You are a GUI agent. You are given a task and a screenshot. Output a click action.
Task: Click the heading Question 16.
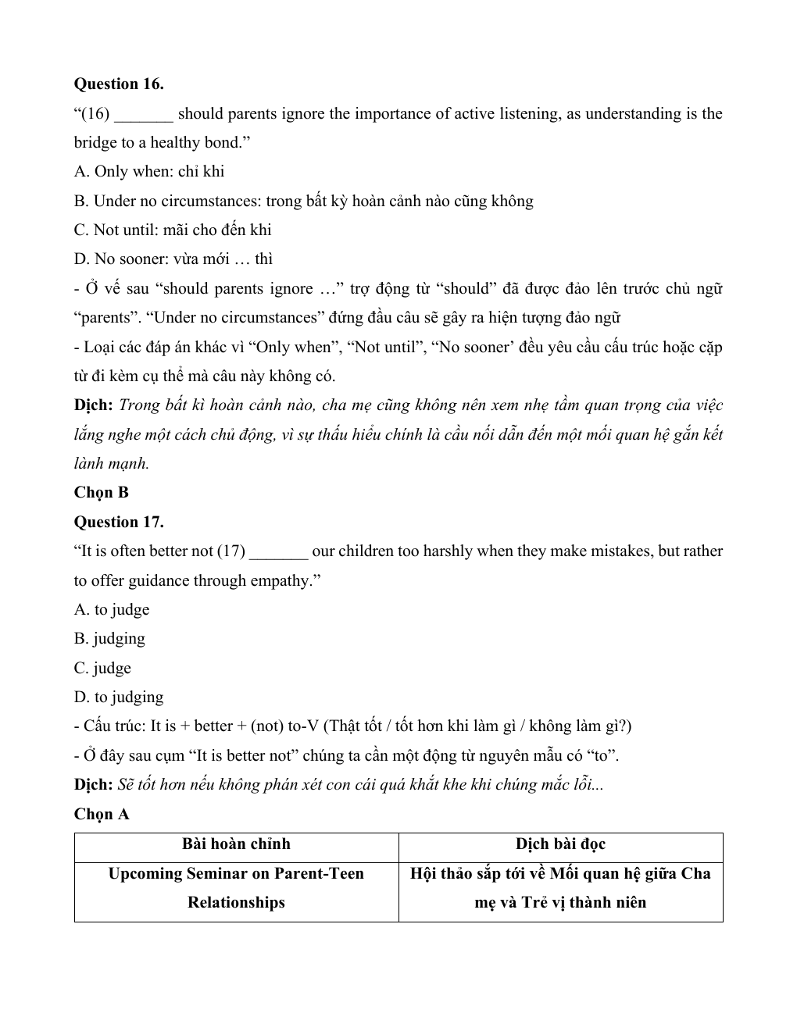(x=119, y=84)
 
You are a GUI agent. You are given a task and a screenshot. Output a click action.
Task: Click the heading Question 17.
(x=119, y=522)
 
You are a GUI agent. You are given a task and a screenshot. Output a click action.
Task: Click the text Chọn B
(x=101, y=493)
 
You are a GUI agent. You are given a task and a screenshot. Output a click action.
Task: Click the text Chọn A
(x=102, y=815)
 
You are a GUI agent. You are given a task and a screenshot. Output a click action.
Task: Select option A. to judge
(x=112, y=610)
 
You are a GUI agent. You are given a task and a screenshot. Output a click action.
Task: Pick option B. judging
(x=109, y=639)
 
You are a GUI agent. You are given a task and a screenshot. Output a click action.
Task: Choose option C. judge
(x=102, y=669)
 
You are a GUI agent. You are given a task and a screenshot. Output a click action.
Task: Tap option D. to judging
(x=119, y=697)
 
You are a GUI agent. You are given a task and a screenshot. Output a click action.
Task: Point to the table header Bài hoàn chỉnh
(x=236, y=844)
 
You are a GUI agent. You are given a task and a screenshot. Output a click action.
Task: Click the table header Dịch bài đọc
(x=560, y=844)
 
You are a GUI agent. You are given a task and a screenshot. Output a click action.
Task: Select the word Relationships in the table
(x=236, y=903)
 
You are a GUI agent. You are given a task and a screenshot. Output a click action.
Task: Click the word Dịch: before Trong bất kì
(x=94, y=405)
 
